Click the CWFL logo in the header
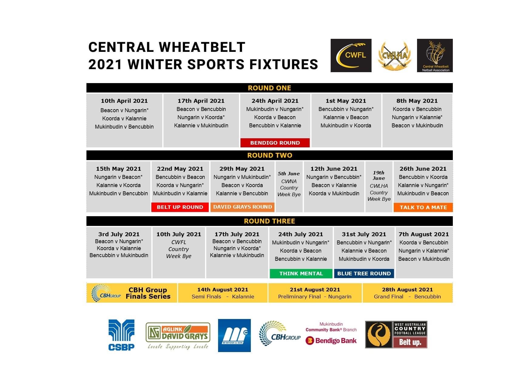click(x=351, y=55)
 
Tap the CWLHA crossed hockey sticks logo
click(x=394, y=56)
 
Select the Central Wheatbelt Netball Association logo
click(x=435, y=55)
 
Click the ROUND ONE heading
click(x=269, y=88)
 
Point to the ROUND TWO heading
click(x=270, y=155)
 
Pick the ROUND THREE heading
click(x=269, y=221)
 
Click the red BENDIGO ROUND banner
click(x=275, y=143)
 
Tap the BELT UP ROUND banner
click(x=180, y=207)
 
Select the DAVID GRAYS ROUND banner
click(x=242, y=207)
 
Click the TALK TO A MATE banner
click(x=423, y=207)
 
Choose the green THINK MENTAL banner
click(x=301, y=274)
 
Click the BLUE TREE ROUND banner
click(x=364, y=274)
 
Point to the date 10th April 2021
click(x=124, y=101)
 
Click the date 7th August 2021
click(x=424, y=234)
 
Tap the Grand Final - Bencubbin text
click(x=407, y=297)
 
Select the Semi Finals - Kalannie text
click(x=223, y=297)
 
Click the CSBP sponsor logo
click(x=121, y=335)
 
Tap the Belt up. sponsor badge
click(x=410, y=342)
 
